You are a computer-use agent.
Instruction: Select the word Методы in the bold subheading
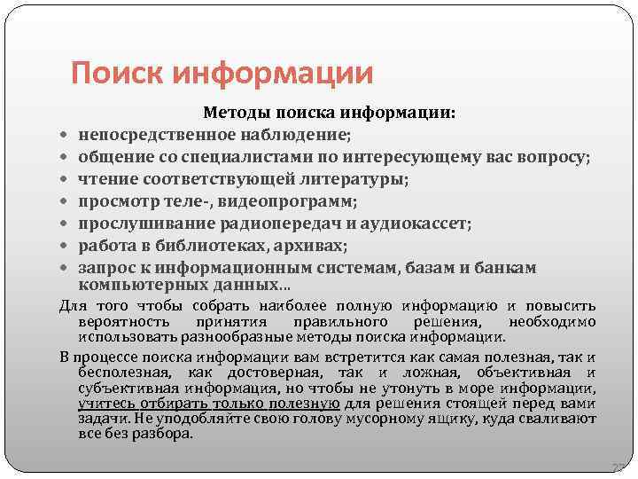point(235,114)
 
